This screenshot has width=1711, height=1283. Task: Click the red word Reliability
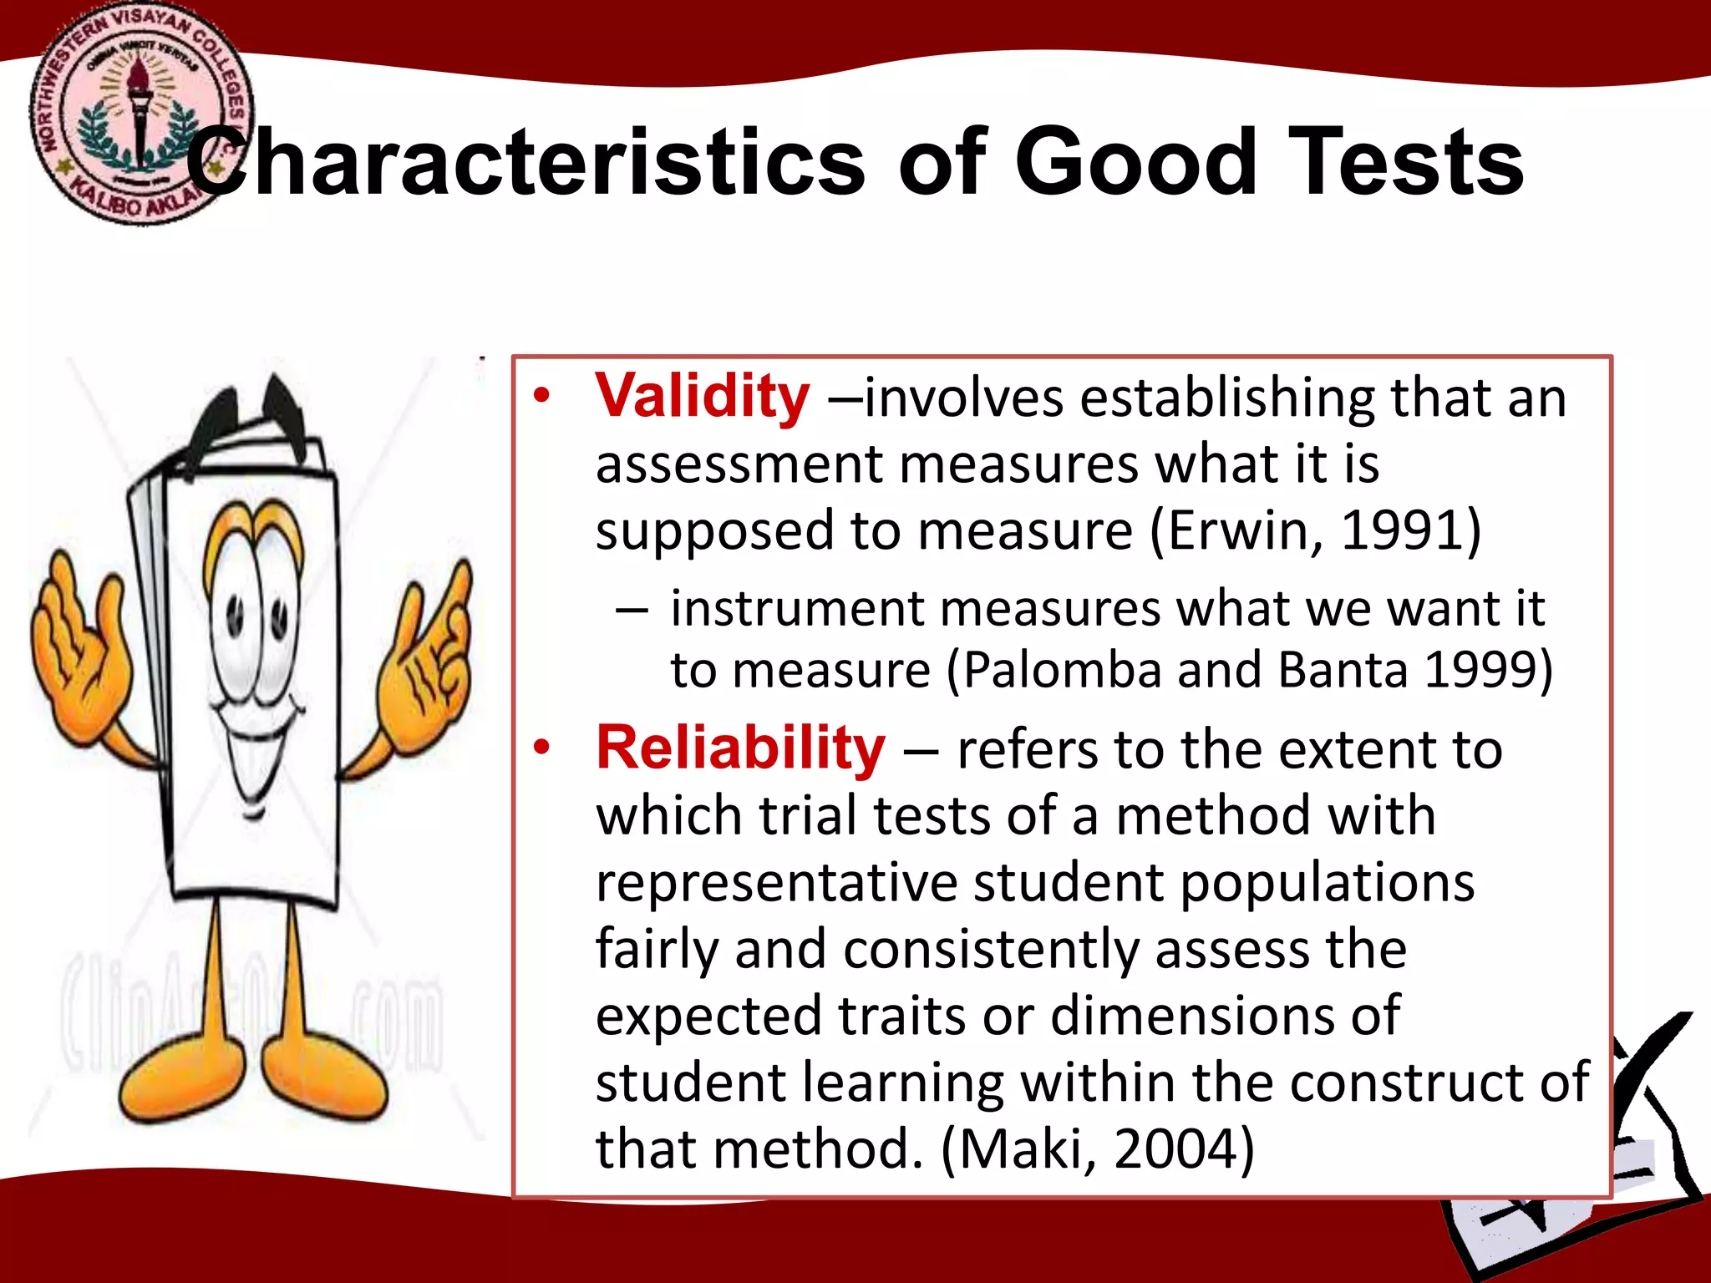coord(740,748)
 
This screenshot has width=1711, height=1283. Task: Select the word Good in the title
coord(1135,162)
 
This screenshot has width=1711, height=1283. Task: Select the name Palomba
coord(1061,670)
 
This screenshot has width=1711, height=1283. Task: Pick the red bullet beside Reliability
coord(542,748)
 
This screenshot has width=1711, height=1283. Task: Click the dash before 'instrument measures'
coord(632,610)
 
